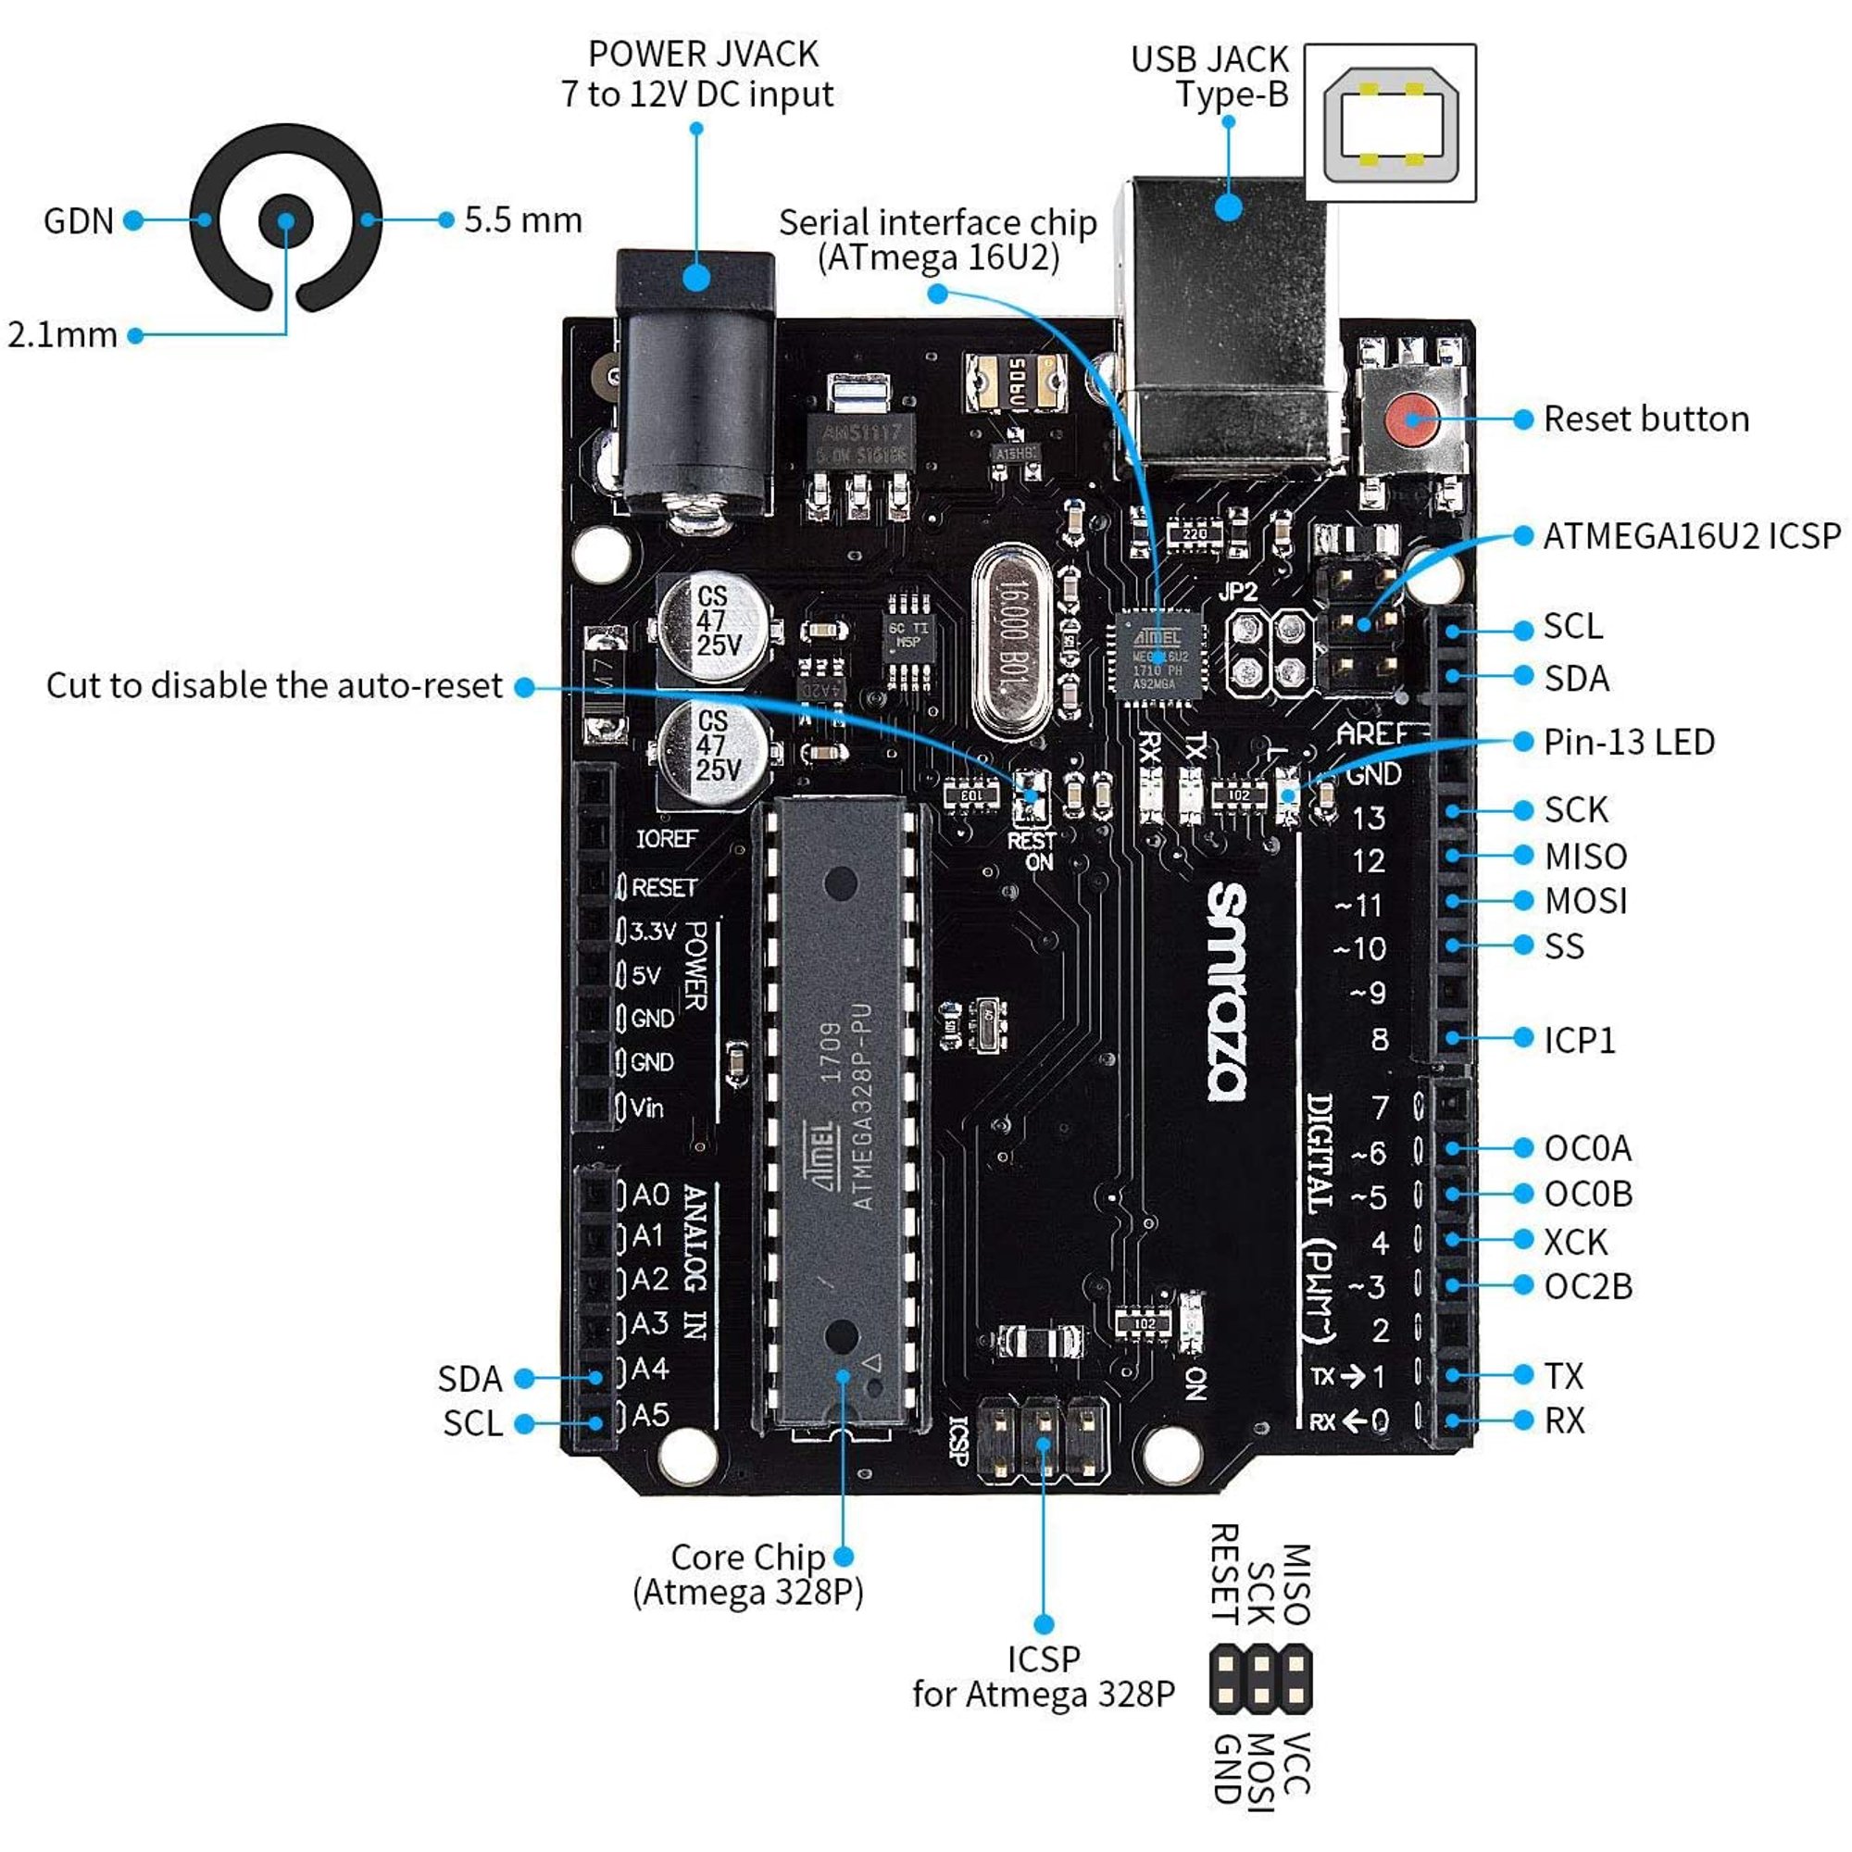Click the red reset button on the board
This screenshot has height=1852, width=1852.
pyautogui.click(x=1411, y=419)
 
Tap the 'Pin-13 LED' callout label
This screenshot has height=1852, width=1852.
pyautogui.click(x=1629, y=742)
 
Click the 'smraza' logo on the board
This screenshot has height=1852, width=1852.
pyautogui.click(x=1227, y=991)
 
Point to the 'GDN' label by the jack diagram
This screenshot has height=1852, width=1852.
pyautogui.click(x=79, y=221)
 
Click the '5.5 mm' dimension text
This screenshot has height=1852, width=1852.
pyautogui.click(x=523, y=220)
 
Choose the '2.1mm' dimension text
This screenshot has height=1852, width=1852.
pyautogui.click(x=62, y=335)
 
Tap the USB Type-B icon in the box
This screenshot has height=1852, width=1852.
pyautogui.click(x=1390, y=124)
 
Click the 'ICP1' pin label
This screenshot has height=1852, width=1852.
pyautogui.click(x=1579, y=1041)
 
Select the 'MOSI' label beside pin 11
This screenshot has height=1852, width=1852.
pyautogui.click(x=1585, y=901)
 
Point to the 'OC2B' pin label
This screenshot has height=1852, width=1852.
pyautogui.click(x=1588, y=1287)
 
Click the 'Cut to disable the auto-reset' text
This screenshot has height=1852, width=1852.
pyautogui.click(x=274, y=686)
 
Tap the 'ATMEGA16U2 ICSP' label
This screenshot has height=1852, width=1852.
pyautogui.click(x=1692, y=537)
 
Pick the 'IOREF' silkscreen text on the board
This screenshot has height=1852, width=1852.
pyautogui.click(x=667, y=839)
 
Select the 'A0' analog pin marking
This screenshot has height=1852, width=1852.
pyautogui.click(x=651, y=1195)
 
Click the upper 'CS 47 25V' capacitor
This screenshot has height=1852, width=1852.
pyautogui.click(x=714, y=625)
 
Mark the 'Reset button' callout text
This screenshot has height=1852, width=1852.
pyautogui.click(x=1646, y=419)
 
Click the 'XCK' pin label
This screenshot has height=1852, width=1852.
pyautogui.click(x=1575, y=1243)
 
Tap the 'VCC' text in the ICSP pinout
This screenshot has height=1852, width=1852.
pyautogui.click(x=1296, y=1763)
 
